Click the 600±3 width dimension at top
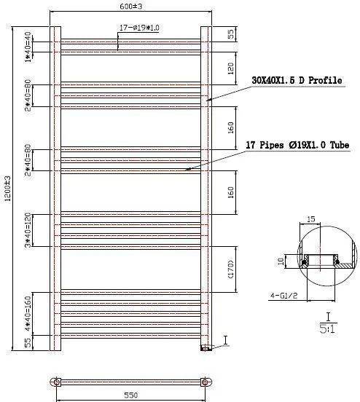(x=131, y=6)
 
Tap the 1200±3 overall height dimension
(x=8, y=188)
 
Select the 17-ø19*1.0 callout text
(x=139, y=28)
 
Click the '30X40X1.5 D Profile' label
(x=297, y=80)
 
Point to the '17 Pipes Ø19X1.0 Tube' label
(x=297, y=145)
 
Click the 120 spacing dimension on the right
(x=231, y=68)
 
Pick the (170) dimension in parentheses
(x=231, y=269)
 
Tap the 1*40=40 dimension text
(x=28, y=47)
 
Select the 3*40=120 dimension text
(x=28, y=230)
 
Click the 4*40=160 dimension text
(x=28, y=314)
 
